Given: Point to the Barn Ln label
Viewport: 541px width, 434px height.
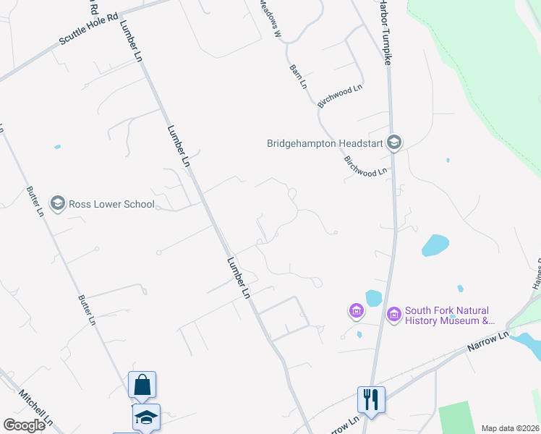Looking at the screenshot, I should pos(298,77).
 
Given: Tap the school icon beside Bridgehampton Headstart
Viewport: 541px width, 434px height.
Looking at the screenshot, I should pos(394,142).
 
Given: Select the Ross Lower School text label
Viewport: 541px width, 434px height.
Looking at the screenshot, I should pos(111,204).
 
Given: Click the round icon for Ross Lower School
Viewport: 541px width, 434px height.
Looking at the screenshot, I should pos(58,203).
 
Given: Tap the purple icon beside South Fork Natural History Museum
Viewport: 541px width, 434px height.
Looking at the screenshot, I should pos(394,315).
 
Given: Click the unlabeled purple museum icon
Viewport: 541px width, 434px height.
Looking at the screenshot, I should pos(356,312).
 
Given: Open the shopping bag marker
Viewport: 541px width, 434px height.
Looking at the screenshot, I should pos(142,385).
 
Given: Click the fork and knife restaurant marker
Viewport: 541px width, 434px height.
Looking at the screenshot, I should pos(371,399).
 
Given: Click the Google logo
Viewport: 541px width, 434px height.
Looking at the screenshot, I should pos(24,425).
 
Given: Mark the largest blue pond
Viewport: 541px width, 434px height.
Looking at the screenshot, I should pos(435,245).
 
